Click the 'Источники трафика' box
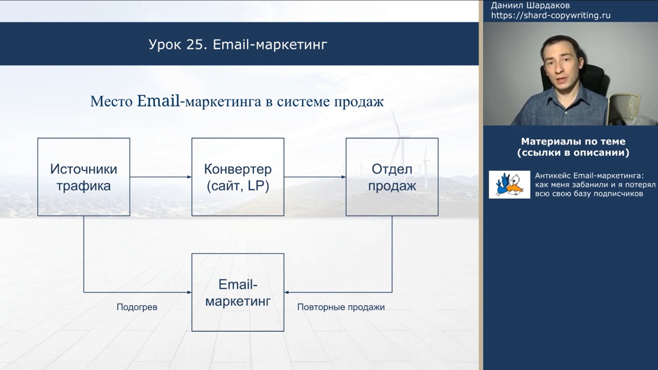tap(84, 177)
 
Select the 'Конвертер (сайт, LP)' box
tap(238, 177)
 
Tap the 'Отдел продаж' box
tap(392, 177)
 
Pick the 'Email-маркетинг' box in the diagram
tap(238, 293)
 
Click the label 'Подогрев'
tap(137, 307)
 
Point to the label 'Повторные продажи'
tap(341, 307)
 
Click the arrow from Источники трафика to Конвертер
tap(161, 177)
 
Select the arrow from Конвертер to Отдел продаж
tap(315, 177)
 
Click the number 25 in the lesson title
tap(197, 45)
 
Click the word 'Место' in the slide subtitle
tap(111, 102)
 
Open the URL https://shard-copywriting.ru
tap(551, 15)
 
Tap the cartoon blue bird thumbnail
tap(509, 184)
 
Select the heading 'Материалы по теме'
tap(573, 141)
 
